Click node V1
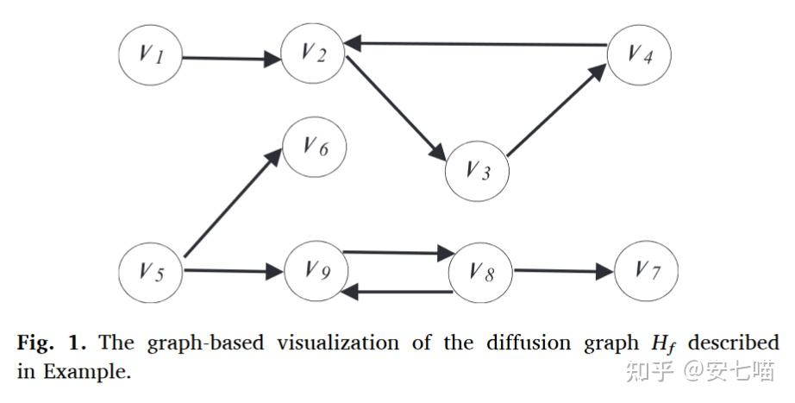pyautogui.click(x=150, y=57)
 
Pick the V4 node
pyautogui.click(x=638, y=54)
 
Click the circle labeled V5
pyautogui.click(x=150, y=273)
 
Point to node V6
pyautogui.click(x=315, y=149)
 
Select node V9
pyautogui.click(x=315, y=273)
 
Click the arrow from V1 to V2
pyautogui.click(x=233, y=60)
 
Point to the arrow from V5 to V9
pyautogui.click(x=233, y=271)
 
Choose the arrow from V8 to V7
pyautogui.click(x=564, y=271)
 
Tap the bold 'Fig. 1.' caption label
pyautogui.click(x=53, y=343)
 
